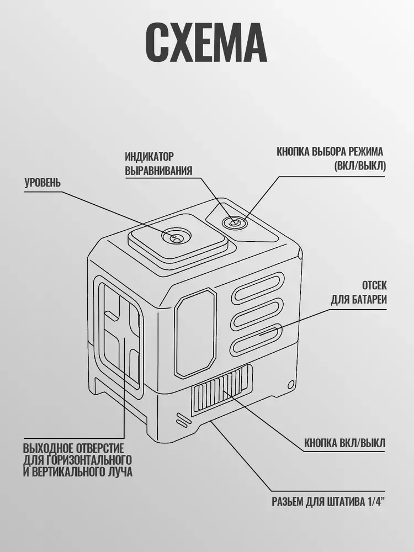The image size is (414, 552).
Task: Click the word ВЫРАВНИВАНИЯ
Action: [x=158, y=171]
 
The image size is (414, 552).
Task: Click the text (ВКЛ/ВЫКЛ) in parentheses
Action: [x=360, y=166]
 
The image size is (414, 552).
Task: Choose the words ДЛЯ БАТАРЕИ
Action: [x=359, y=300]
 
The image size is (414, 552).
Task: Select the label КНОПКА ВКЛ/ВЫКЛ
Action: [x=344, y=443]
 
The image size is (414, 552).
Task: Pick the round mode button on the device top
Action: [x=233, y=222]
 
